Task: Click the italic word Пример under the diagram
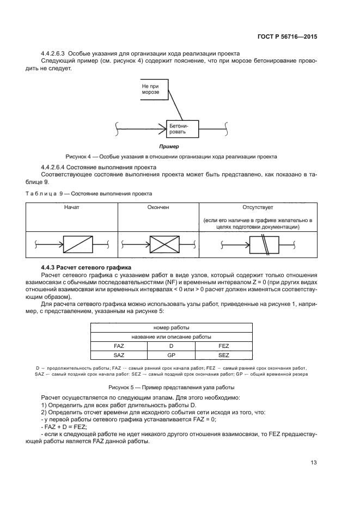coord(169,146)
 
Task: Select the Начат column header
coord(71,207)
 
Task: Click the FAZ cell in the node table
coord(119,346)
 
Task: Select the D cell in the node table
coord(170,346)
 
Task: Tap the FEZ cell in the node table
coord(223,346)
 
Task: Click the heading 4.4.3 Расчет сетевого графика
coord(83,268)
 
